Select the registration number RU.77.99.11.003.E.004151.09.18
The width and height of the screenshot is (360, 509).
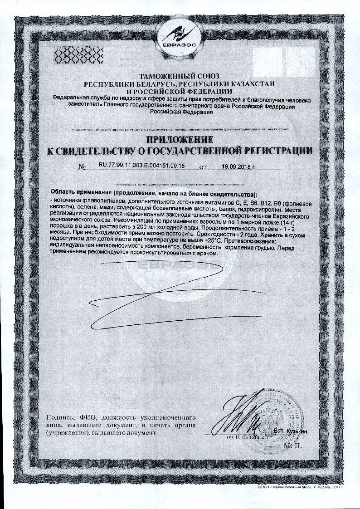(x=135, y=166)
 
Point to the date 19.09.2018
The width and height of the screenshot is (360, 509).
(x=238, y=166)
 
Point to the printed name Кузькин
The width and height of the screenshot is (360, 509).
(x=296, y=431)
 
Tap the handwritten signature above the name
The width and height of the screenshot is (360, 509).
(x=243, y=415)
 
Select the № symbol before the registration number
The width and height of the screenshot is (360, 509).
(x=82, y=167)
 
